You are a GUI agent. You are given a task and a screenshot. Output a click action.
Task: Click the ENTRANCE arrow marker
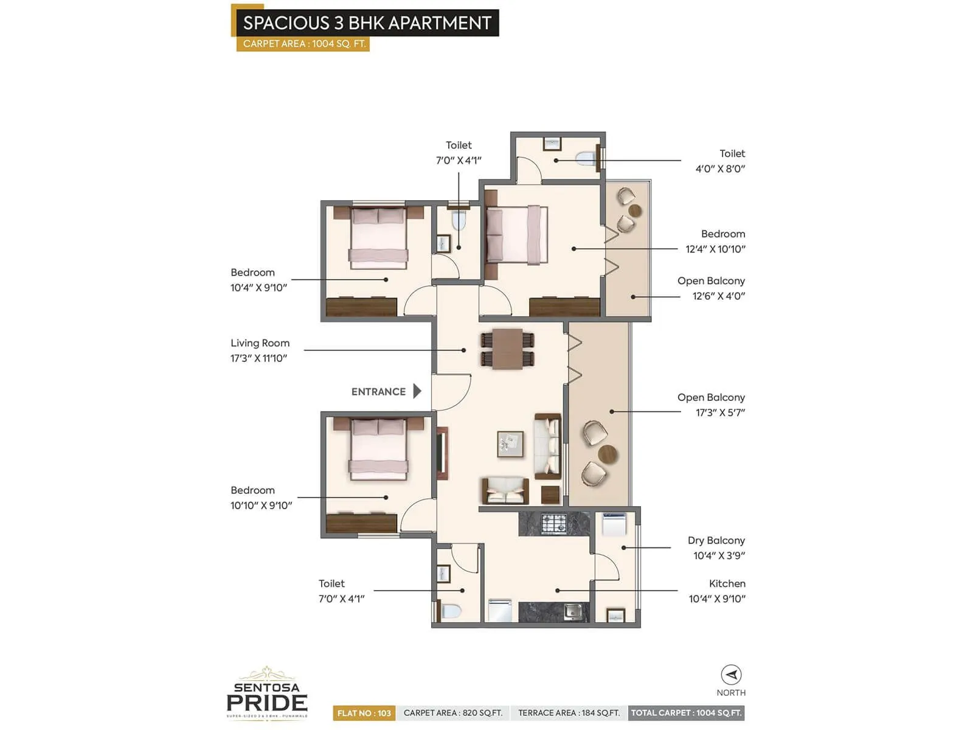tap(417, 391)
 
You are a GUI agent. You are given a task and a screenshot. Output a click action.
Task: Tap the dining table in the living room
tap(507, 349)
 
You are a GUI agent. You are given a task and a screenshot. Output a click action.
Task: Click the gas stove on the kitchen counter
tap(553, 523)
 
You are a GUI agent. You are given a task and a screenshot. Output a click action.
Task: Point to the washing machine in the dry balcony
tap(613, 524)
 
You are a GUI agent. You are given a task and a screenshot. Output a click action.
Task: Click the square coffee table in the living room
tap(510, 443)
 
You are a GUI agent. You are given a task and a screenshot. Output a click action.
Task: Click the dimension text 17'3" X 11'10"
tap(258, 358)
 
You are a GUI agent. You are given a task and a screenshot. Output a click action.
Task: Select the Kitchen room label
tap(727, 583)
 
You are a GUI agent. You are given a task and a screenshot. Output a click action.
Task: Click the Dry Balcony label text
tap(716, 540)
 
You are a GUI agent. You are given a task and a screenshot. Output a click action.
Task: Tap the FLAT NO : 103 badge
tap(364, 713)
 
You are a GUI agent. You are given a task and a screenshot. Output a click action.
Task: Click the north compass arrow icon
tap(731, 675)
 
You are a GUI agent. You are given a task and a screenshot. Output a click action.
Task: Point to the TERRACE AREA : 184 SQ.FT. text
tap(569, 713)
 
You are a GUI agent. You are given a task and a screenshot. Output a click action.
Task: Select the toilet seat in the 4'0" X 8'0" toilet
tap(586, 159)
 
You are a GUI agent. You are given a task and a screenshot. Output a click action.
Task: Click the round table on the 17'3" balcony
tap(607, 454)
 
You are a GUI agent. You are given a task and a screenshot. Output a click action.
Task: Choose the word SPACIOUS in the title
tap(286, 23)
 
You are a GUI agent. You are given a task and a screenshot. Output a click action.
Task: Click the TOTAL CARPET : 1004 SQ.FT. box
tap(686, 713)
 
